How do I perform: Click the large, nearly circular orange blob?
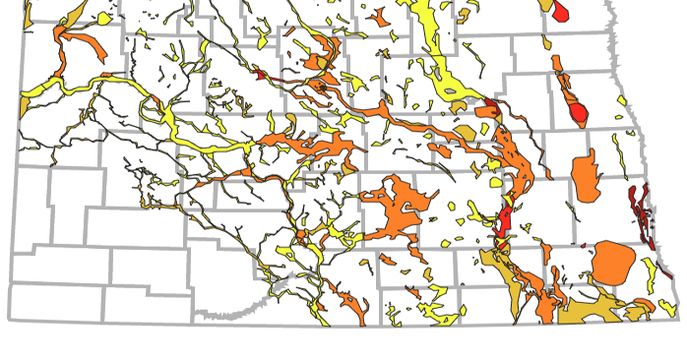(x=611, y=262)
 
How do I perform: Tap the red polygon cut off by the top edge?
(x=561, y=9)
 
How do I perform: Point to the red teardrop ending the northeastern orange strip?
(x=580, y=113)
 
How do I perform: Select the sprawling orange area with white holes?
(x=399, y=211)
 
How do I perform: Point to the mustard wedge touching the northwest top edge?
(x=30, y=12)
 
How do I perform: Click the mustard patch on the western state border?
(x=25, y=103)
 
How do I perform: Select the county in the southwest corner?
(x=59, y=300)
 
